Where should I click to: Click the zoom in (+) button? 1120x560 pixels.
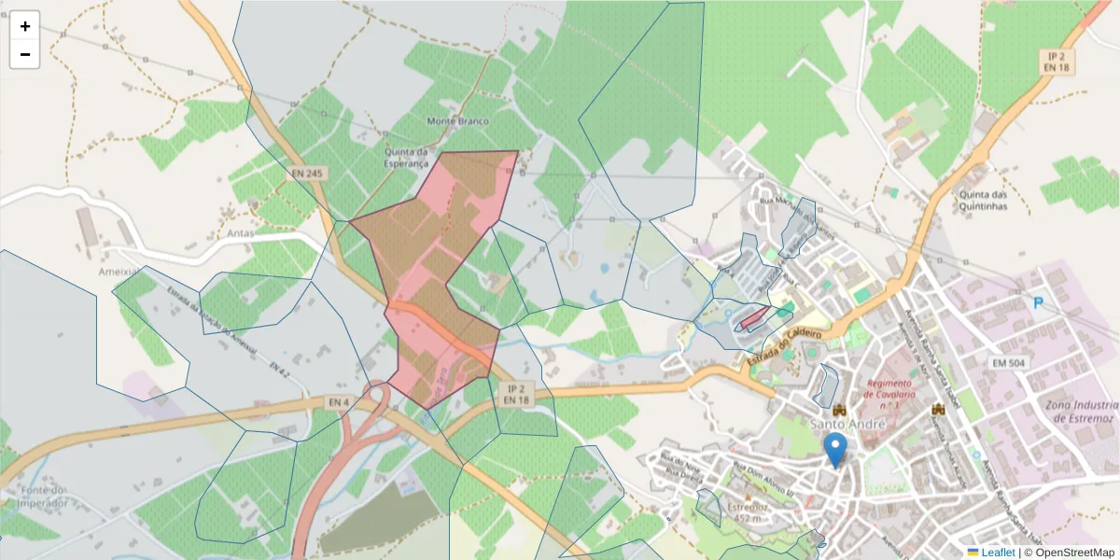click(x=25, y=26)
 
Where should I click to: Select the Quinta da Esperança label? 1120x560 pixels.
click(x=405, y=158)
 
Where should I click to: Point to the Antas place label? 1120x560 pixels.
click(x=240, y=233)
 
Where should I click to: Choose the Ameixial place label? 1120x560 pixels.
click(x=119, y=272)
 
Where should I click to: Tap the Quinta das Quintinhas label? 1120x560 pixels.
click(x=982, y=201)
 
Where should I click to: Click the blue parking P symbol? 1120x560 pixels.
click(x=1039, y=302)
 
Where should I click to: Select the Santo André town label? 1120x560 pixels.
click(x=847, y=426)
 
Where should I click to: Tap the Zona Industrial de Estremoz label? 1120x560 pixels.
click(x=1081, y=411)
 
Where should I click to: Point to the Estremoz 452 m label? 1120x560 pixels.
click(x=746, y=511)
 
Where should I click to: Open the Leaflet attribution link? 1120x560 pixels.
click(x=997, y=553)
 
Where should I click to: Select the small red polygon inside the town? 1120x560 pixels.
click(x=754, y=319)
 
